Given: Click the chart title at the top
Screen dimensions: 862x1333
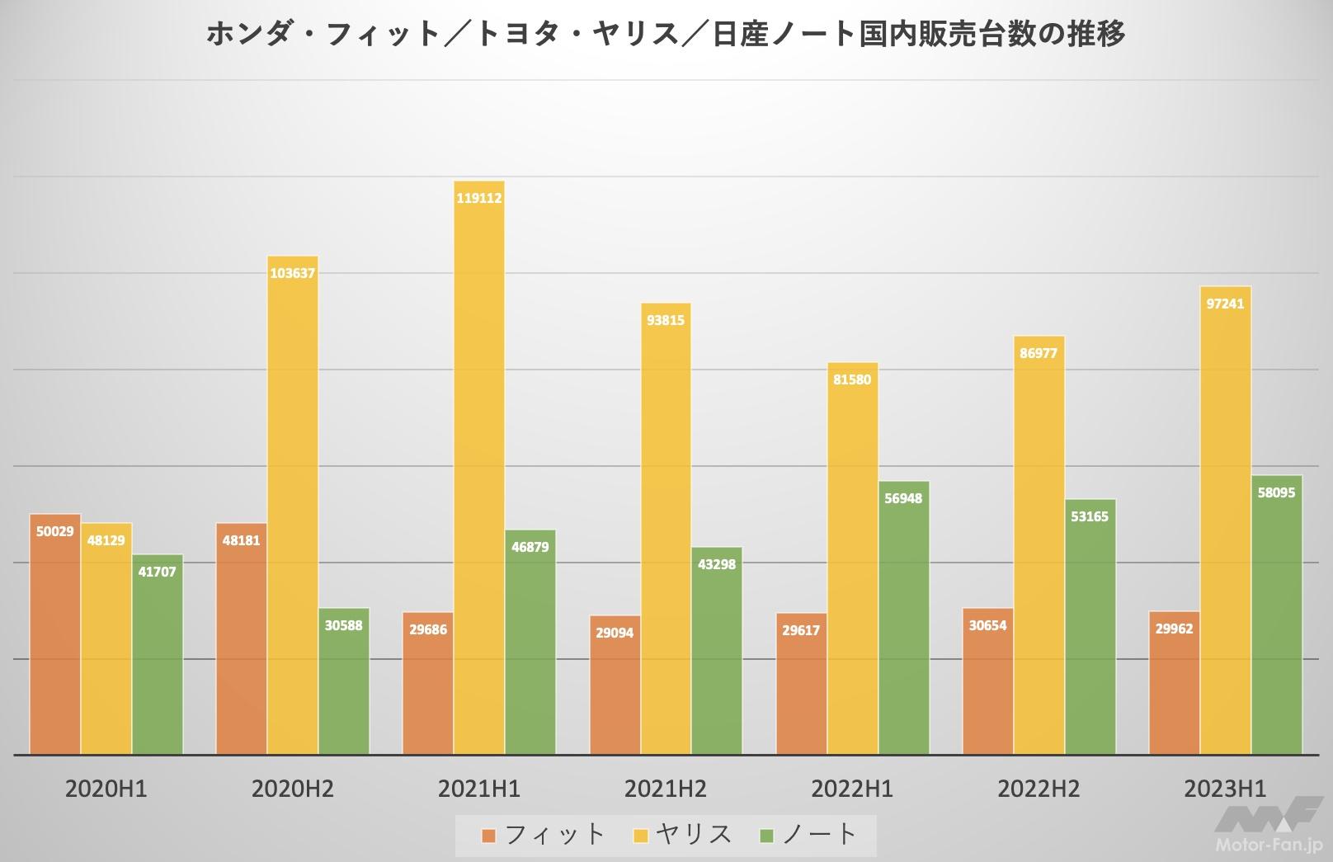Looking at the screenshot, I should tap(666, 35).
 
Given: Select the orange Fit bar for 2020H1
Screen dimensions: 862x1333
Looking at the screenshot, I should tap(55, 635).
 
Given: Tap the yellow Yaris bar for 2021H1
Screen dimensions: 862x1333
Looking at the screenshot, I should tap(479, 470).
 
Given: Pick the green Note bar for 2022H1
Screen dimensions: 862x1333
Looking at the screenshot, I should tap(903, 619).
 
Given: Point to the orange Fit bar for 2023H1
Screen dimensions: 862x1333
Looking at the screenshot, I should tap(1175, 685).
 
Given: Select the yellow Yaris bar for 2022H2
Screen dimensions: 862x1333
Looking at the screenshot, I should tap(1039, 544).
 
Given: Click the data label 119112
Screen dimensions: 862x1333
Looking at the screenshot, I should tap(479, 198).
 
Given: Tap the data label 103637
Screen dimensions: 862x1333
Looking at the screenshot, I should tap(293, 273).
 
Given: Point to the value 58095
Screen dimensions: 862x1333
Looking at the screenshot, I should tap(1276, 492).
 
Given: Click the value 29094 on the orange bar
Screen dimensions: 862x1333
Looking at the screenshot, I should tap(615, 634).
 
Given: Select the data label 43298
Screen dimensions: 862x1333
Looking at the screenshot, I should tap(717, 564).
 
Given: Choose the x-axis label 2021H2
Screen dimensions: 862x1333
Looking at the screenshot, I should tap(666, 789).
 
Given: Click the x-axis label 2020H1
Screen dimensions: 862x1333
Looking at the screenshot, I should tap(106, 789).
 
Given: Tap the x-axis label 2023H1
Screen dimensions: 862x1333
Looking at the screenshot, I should tap(1225, 789).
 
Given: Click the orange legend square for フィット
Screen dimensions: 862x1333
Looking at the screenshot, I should tap(489, 836).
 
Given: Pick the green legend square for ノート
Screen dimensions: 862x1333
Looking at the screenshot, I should tap(767, 836).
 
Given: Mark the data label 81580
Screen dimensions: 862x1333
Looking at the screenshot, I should tap(852, 380).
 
